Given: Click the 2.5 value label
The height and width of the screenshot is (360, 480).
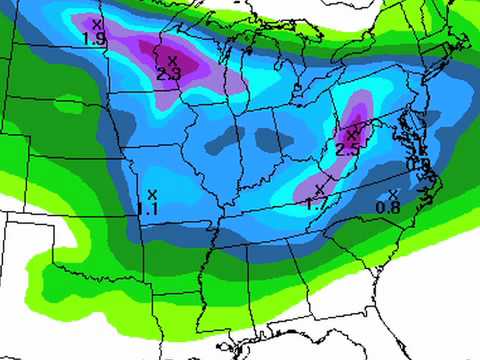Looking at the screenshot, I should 347,149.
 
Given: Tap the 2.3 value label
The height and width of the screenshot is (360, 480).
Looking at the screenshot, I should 168,73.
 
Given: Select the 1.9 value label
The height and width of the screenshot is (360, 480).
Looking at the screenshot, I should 95,38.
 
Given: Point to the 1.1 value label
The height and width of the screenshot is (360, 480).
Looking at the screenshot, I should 149,209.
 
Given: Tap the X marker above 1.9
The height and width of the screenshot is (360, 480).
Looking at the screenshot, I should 96,23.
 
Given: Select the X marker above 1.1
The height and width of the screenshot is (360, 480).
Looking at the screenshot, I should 152,194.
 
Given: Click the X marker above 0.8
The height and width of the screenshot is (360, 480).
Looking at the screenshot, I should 393,193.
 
